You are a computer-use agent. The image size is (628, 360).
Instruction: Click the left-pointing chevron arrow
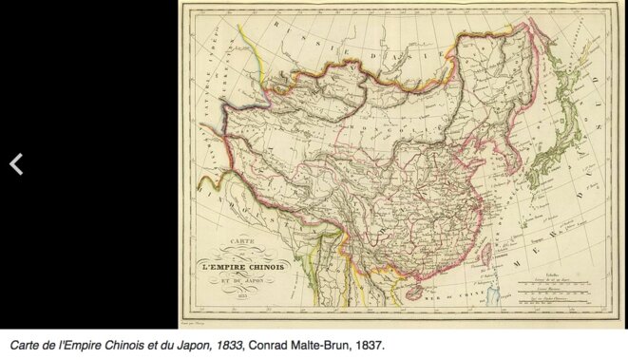(16, 164)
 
